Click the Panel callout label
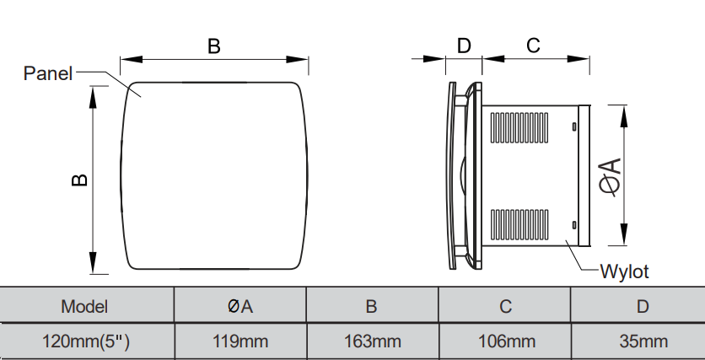point(48,73)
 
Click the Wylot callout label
point(625,271)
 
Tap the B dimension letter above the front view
point(214,46)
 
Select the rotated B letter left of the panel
point(79,180)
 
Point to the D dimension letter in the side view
point(464,46)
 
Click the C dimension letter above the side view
point(533,46)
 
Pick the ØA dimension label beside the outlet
point(611,177)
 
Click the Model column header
point(84,307)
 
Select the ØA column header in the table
point(240,307)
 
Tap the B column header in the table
point(371,307)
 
